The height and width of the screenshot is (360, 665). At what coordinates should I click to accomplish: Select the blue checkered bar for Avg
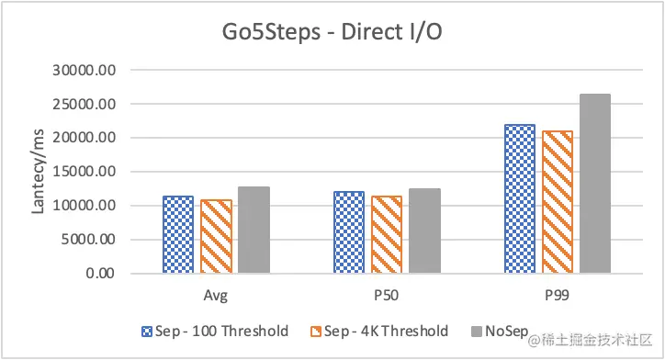tap(178, 234)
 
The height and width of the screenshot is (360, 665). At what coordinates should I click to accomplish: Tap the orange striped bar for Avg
tap(216, 236)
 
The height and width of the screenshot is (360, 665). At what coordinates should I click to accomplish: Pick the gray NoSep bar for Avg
tap(254, 230)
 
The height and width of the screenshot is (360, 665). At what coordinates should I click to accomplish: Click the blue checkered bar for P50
tap(348, 232)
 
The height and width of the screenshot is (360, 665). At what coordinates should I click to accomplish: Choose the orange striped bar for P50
tap(386, 234)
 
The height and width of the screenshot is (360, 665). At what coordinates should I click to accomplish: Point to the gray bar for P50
tap(424, 231)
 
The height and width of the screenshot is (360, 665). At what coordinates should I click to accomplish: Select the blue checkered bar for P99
tap(519, 198)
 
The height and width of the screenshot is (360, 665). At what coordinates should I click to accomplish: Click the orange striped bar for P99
tap(557, 202)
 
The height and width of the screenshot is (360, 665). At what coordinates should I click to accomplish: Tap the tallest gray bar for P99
tap(595, 184)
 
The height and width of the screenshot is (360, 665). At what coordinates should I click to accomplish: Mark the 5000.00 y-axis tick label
tap(93, 240)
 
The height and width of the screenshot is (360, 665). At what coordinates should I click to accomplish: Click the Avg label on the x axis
tap(216, 297)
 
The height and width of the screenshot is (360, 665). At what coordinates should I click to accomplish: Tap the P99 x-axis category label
tap(557, 297)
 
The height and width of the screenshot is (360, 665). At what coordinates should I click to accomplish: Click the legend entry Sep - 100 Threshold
tap(216, 331)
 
